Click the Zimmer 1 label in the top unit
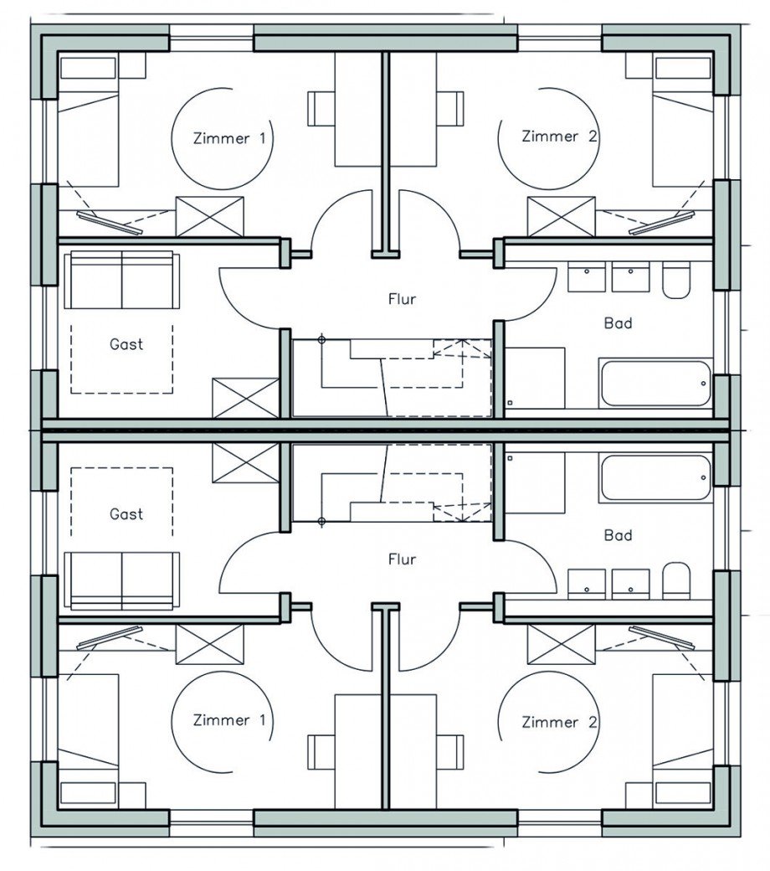point(229,138)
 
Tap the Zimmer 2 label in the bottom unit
point(559,722)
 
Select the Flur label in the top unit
point(402,300)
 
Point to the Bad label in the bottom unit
point(618,535)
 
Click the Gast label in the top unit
point(126,344)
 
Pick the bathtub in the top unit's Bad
point(655,384)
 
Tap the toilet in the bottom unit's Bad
point(676,580)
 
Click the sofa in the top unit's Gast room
point(122,281)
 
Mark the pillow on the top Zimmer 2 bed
point(683,69)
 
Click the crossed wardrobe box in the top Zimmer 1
point(209,216)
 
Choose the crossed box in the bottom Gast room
point(246,462)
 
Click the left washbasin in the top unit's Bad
point(586,277)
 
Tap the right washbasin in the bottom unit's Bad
point(631,584)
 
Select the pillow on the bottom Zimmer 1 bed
point(88,792)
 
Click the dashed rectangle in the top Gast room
point(121,359)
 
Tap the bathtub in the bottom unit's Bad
point(655,478)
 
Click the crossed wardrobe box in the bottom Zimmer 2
point(561,644)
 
